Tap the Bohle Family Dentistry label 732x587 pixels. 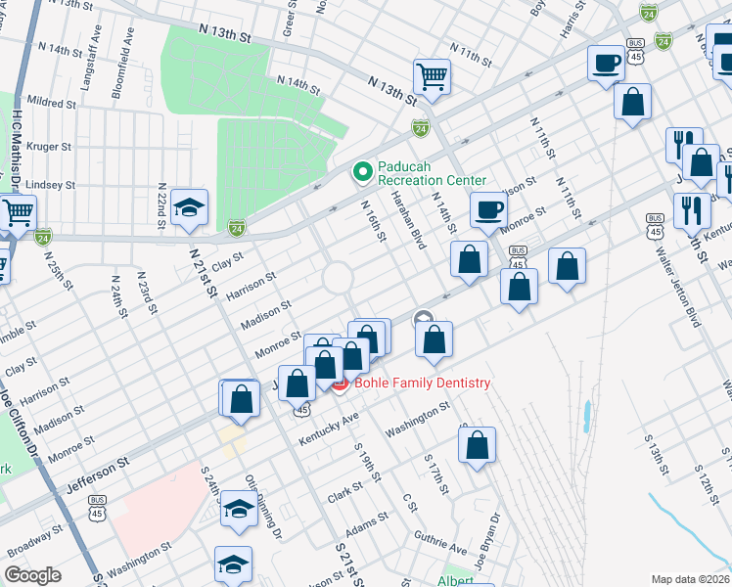(x=423, y=383)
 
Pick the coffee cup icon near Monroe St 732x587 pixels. (x=488, y=208)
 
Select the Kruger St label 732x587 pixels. (x=52, y=147)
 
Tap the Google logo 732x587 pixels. (x=32, y=575)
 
